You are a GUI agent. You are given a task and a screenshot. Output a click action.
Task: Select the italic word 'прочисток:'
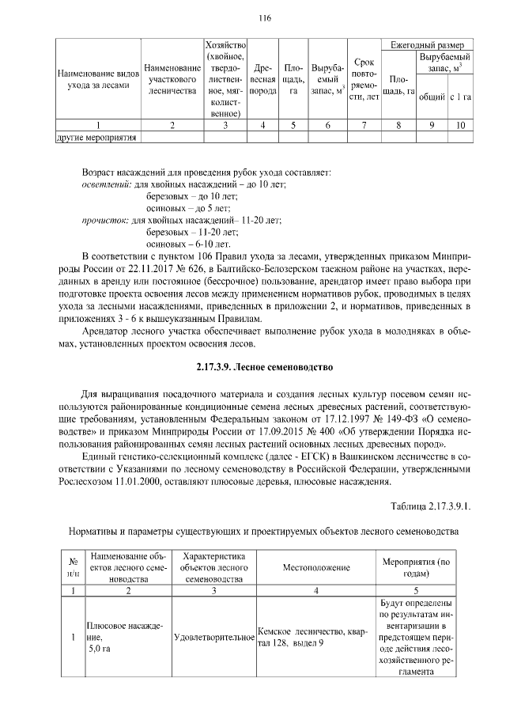pos(105,220)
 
